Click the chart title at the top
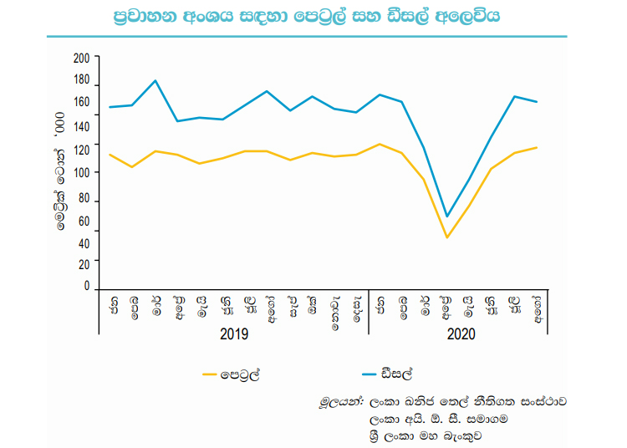[x=307, y=17]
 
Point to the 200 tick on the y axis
[x=81, y=59]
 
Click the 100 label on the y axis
[x=81, y=173]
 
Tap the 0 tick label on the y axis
[x=87, y=285]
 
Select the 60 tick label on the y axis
[x=84, y=221]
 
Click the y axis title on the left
[x=60, y=171]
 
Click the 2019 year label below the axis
[x=234, y=333]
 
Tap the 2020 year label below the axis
[x=461, y=333]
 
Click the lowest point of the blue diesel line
[x=447, y=216]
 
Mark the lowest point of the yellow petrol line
[x=447, y=237]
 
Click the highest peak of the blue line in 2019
[x=155, y=81]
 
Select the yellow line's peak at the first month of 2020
[x=380, y=145]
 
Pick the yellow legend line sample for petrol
[x=210, y=374]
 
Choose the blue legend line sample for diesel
[x=369, y=374]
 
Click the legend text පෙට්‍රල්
[x=240, y=374]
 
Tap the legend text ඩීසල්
[x=397, y=374]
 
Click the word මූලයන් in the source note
[x=341, y=402]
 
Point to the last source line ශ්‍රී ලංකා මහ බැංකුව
[x=426, y=436]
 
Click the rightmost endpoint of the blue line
[x=537, y=102]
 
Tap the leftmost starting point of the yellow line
[x=110, y=155]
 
